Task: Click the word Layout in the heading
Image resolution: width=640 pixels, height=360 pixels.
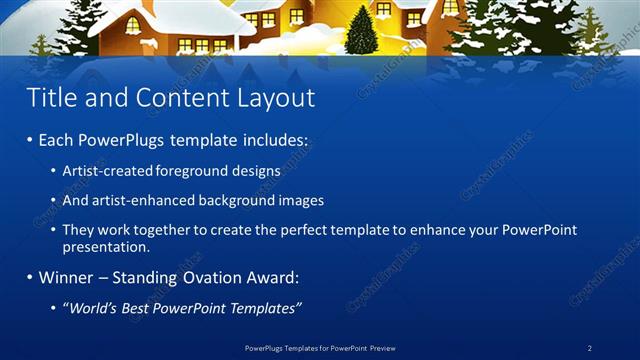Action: pos(275,98)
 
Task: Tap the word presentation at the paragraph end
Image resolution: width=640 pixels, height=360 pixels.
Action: pos(105,246)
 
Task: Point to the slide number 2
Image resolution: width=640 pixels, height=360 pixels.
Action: pos(590,347)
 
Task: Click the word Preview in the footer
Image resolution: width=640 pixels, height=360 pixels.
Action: pos(379,347)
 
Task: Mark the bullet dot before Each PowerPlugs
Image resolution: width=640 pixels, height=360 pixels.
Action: pos(29,143)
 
